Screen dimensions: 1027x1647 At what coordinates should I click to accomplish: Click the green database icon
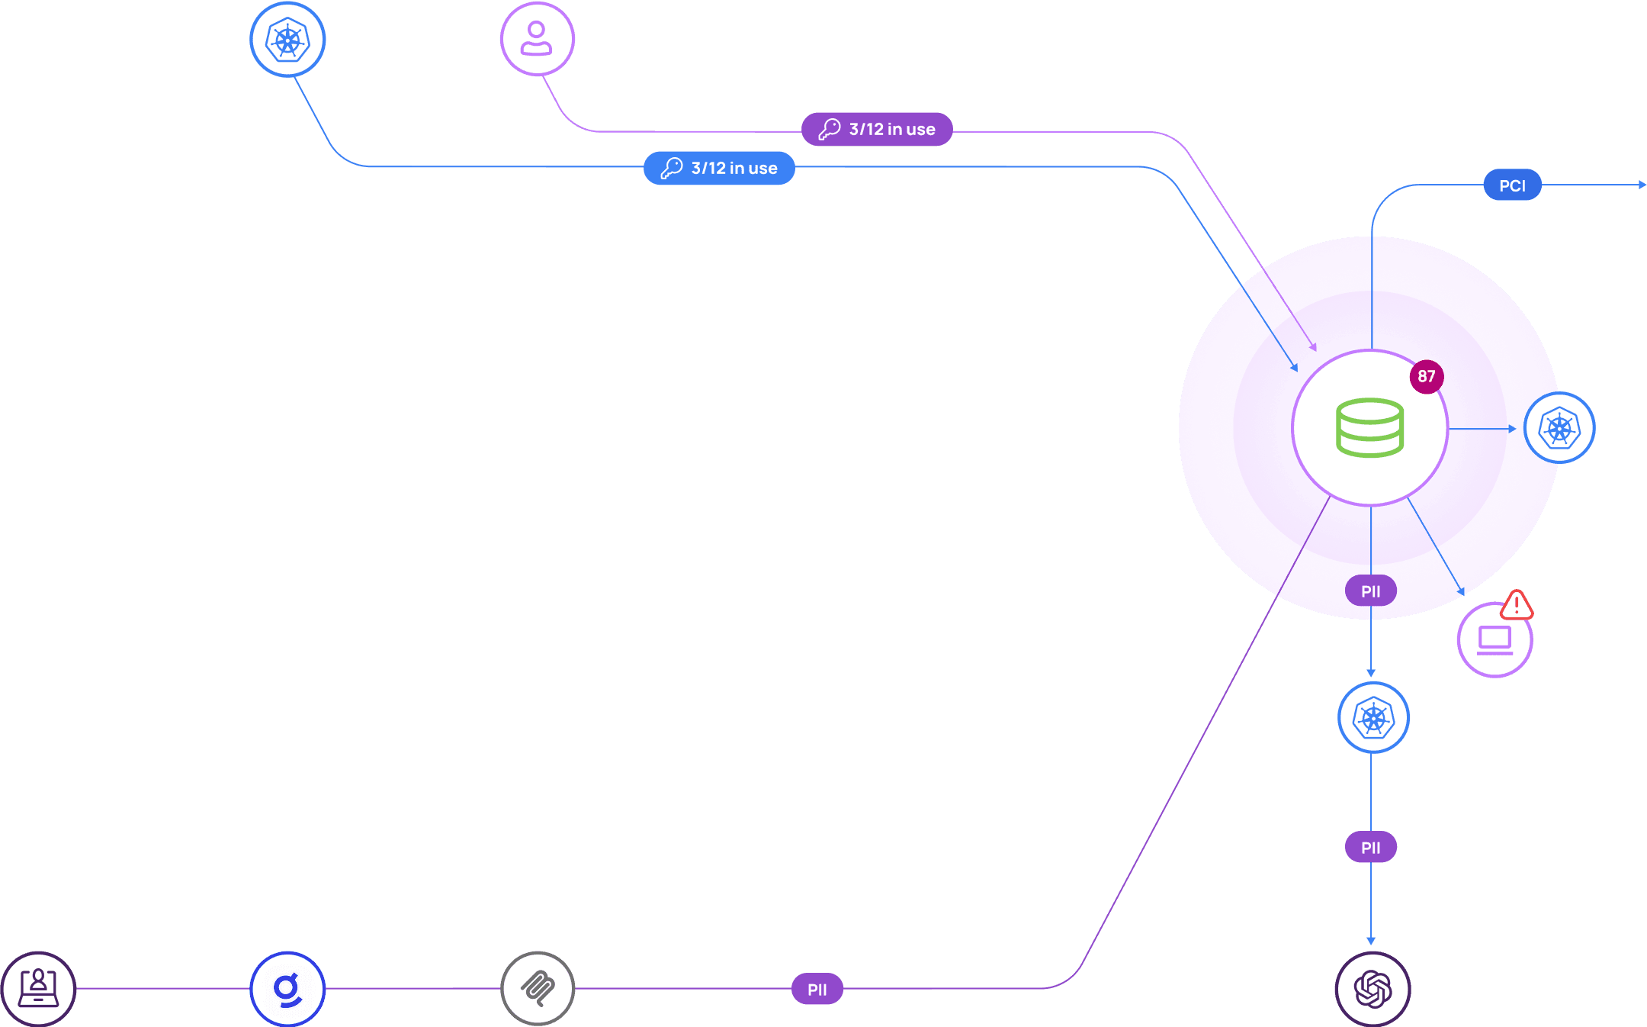tap(1369, 427)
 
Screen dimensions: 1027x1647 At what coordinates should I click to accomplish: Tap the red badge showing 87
tap(1426, 376)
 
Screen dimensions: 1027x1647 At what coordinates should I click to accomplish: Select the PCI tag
tap(1512, 185)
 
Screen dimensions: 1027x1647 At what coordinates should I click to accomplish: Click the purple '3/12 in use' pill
tap(877, 129)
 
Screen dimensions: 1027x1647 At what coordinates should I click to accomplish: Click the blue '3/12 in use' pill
tap(719, 168)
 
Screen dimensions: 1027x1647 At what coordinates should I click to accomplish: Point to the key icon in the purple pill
tap(829, 129)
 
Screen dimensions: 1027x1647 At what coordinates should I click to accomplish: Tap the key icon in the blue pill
tap(671, 168)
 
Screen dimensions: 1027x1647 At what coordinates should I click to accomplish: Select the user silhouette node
tap(537, 39)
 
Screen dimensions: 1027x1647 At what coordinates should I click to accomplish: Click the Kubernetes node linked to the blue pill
tap(287, 40)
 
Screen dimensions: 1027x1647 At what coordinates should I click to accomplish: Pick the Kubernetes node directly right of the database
tap(1559, 428)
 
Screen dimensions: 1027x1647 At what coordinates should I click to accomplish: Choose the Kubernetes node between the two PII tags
tap(1373, 718)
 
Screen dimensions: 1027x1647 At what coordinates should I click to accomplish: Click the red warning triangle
tap(1516, 606)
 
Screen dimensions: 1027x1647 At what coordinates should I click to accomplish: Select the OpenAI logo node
tap(1372, 989)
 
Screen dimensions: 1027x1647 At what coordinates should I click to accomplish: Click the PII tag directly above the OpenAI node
tap(1370, 848)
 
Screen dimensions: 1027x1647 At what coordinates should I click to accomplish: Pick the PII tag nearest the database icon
tap(1370, 591)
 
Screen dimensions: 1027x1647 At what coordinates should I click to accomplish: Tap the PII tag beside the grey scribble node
tap(817, 990)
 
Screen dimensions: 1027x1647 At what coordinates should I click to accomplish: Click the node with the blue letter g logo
tap(287, 989)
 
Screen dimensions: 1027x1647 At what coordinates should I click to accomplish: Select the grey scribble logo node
tap(538, 989)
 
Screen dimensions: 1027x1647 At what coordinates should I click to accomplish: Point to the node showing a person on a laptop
tap(38, 989)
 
